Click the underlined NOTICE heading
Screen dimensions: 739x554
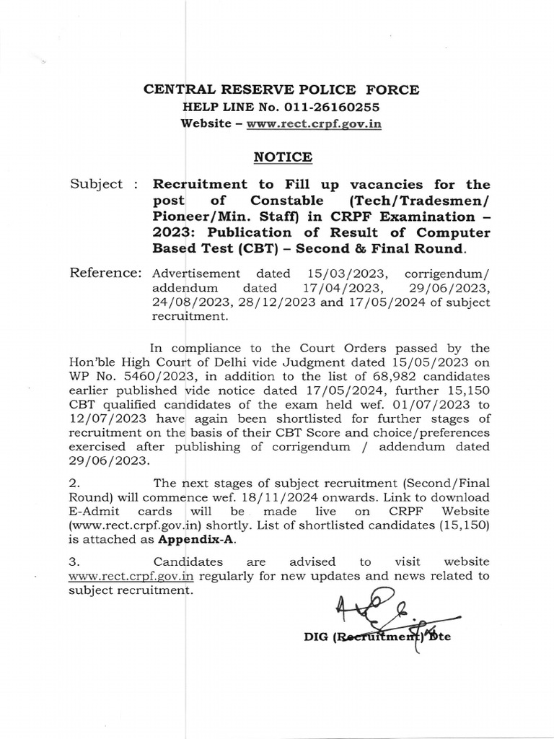[x=282, y=157]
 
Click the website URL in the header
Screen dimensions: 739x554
[x=314, y=123]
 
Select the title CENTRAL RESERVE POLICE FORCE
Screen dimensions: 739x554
[x=281, y=89]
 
